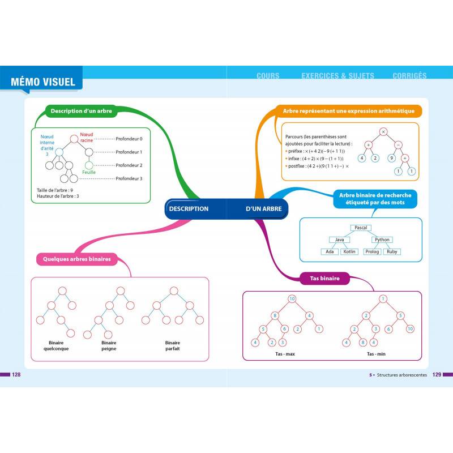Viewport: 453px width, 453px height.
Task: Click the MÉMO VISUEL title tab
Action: (42, 81)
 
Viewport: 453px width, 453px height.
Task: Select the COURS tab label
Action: (268, 75)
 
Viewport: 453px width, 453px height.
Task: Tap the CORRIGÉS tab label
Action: (409, 75)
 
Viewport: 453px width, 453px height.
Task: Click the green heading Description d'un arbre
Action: (81, 112)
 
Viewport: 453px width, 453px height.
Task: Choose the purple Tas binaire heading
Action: (325, 278)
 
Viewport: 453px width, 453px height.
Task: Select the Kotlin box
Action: (349, 251)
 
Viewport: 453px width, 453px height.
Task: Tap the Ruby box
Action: (391, 251)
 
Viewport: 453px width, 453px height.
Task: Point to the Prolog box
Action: (371, 251)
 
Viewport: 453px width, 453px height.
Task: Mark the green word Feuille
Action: (89, 172)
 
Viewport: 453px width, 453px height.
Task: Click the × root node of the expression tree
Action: (383, 131)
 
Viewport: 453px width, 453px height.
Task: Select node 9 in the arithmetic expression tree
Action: (391, 158)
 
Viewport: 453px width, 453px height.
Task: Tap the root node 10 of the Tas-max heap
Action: (292, 298)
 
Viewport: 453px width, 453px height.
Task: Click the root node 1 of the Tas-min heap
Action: (383, 298)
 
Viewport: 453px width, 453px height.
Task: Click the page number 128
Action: (17, 374)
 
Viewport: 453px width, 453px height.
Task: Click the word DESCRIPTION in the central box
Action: (189, 209)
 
